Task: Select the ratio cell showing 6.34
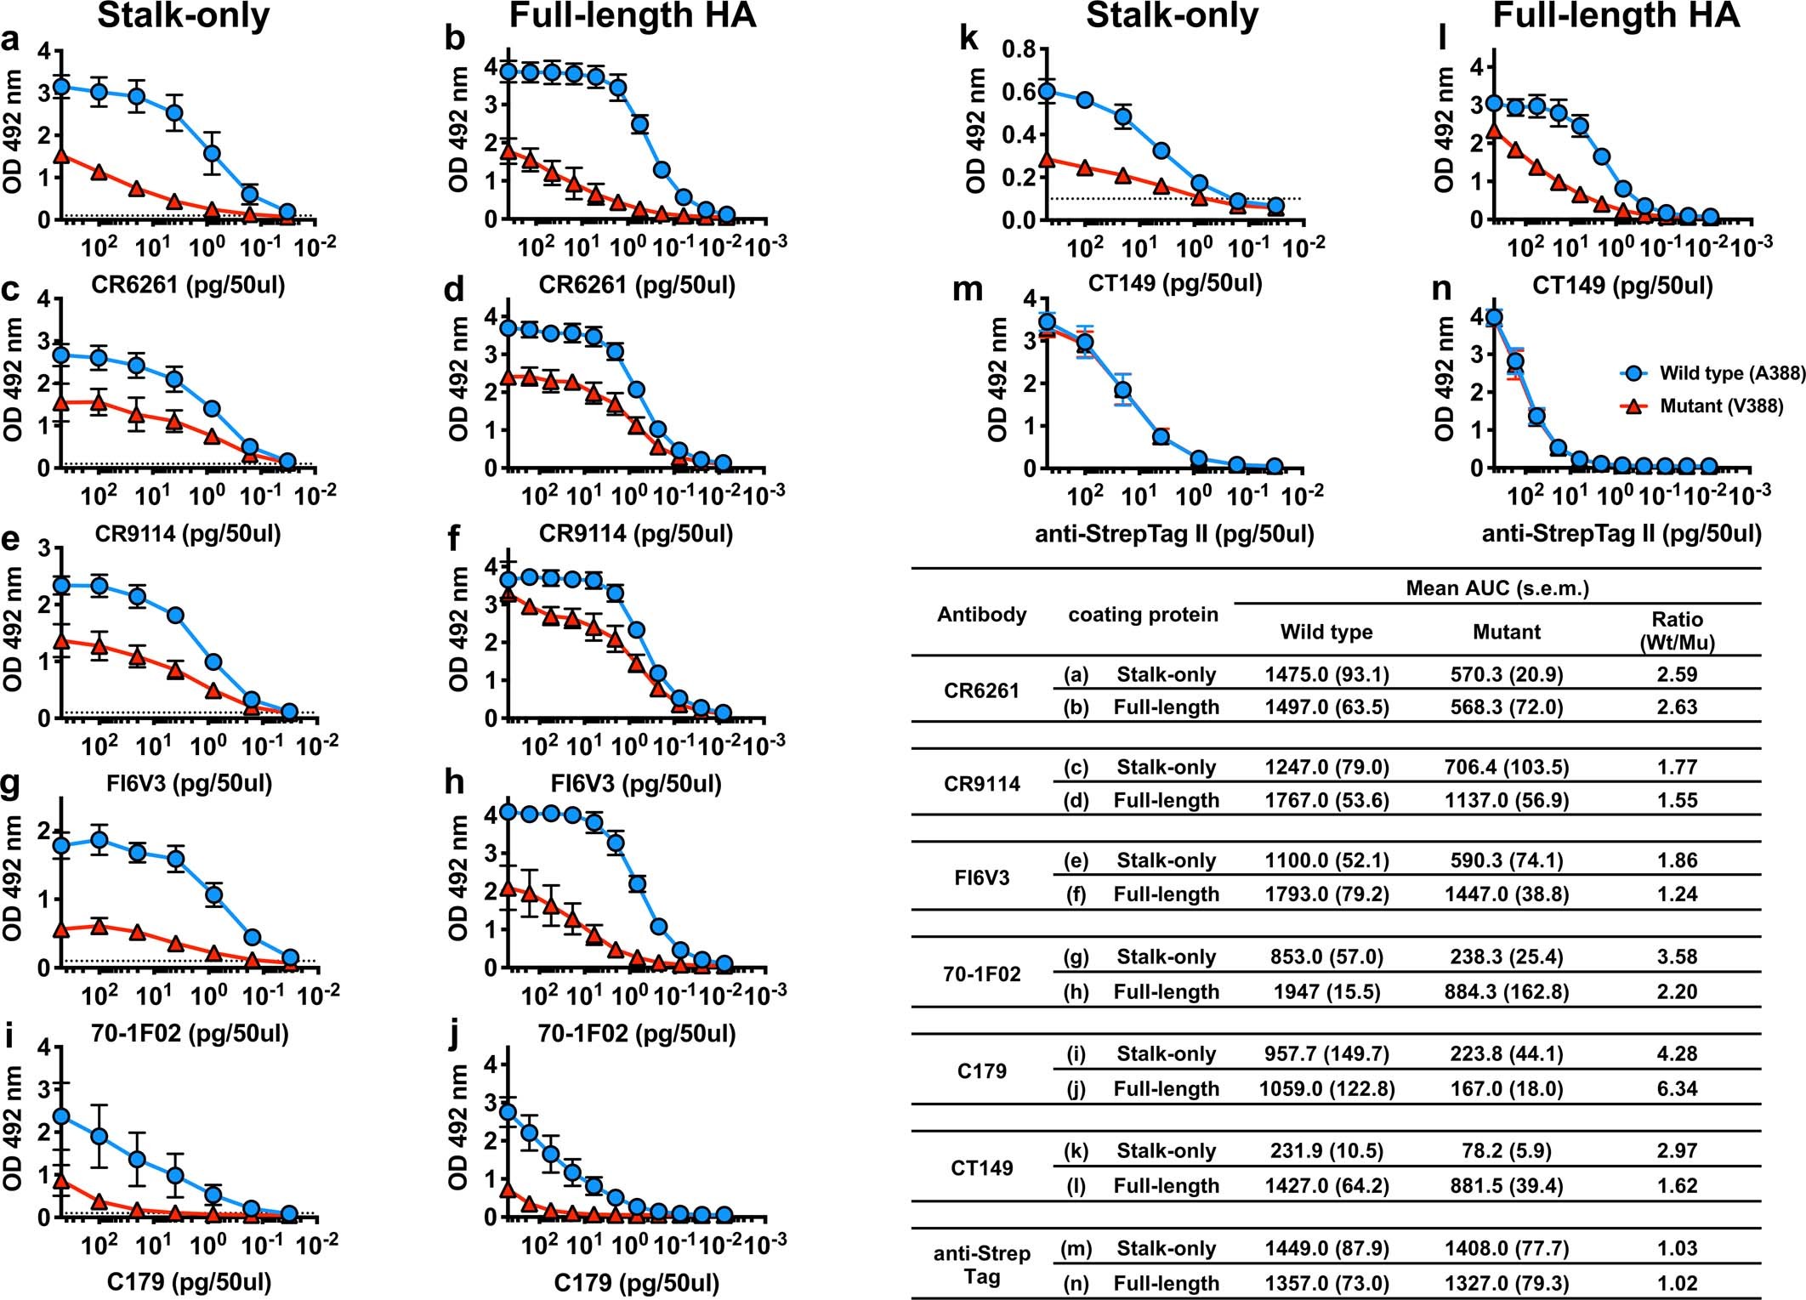tap(1676, 1088)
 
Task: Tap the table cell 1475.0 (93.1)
tap(1326, 674)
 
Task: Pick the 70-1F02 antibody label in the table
tap(981, 974)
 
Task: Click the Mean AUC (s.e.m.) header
tap(1496, 588)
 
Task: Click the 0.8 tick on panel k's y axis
tap(1019, 49)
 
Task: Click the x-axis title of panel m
tap(1174, 534)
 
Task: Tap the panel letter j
tap(455, 1035)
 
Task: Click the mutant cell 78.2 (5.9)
tap(1506, 1150)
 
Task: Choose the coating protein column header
tap(1142, 615)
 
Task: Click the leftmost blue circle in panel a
tap(61, 87)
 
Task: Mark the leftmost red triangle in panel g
tap(61, 930)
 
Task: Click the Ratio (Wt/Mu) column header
tap(1676, 631)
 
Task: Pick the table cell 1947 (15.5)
tap(1326, 991)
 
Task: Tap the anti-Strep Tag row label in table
tap(981, 1264)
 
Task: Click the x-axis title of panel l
tap(1621, 285)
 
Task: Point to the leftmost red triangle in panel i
tap(61, 1180)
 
